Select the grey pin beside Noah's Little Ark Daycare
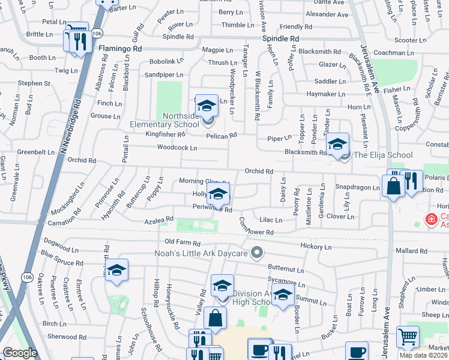click(x=258, y=253)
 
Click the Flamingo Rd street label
click(x=120, y=47)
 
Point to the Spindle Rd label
click(x=281, y=38)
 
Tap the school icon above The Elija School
click(x=338, y=144)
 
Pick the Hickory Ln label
click(x=315, y=247)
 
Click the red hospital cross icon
click(x=430, y=220)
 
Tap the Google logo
click(x=20, y=353)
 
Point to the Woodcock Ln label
click(x=177, y=148)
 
